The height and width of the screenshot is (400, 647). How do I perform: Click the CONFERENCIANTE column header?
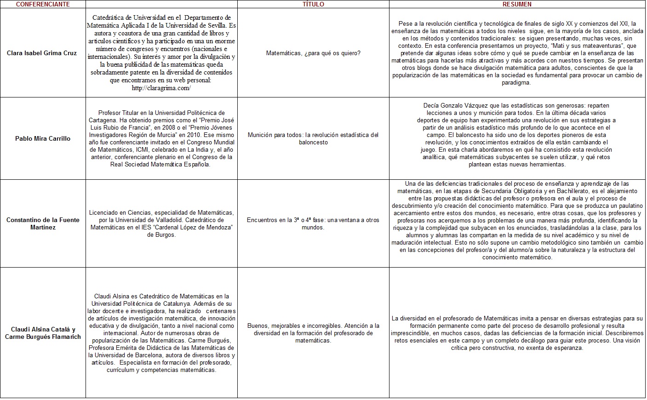pos(43,4)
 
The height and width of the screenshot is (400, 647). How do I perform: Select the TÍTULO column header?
pos(313,4)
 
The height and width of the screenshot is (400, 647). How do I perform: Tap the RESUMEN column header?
pos(517,4)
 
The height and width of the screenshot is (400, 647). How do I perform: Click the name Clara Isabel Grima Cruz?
pos(42,53)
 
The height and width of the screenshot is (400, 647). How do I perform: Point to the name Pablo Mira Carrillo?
pos(43,138)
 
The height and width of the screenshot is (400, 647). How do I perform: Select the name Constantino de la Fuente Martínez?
pos(43,223)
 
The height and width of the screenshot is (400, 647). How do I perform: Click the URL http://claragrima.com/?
pos(161,88)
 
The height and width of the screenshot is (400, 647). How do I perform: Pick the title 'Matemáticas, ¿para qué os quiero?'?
pos(313,53)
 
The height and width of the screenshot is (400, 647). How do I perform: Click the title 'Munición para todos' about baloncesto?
pos(313,138)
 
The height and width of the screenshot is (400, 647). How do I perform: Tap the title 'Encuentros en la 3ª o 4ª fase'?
pos(313,223)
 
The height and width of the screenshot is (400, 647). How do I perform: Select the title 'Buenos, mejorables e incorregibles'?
pos(313,333)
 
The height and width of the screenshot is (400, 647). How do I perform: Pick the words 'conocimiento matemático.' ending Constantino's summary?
pos(517,257)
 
